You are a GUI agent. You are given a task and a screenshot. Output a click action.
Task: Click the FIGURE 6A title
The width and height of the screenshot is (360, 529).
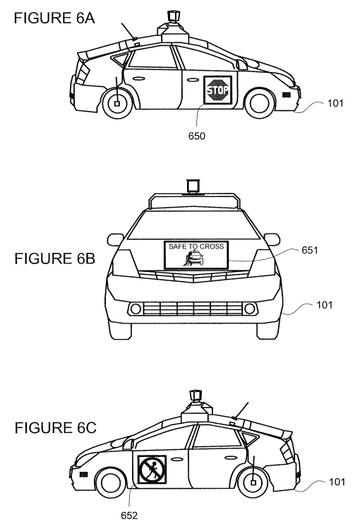(54, 18)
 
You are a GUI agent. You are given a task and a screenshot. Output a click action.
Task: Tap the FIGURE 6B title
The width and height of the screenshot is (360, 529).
(54, 258)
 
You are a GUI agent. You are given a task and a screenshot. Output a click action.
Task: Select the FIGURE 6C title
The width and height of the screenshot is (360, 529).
(55, 428)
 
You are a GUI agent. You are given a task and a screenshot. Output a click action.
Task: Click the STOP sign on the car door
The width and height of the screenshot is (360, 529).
(217, 90)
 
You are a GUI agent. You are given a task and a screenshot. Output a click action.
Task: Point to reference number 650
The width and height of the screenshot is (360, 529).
(196, 136)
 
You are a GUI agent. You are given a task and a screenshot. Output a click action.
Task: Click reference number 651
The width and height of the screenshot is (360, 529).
(310, 250)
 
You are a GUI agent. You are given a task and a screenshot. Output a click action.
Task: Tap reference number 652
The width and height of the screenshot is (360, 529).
(129, 516)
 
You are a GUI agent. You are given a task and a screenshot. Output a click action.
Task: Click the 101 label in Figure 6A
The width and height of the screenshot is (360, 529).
(335, 103)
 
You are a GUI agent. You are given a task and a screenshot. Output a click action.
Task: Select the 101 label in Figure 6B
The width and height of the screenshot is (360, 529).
(324, 304)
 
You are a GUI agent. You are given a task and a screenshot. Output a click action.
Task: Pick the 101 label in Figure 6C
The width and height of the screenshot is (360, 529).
(337, 482)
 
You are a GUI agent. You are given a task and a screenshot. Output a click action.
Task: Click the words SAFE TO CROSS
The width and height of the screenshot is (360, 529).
(196, 246)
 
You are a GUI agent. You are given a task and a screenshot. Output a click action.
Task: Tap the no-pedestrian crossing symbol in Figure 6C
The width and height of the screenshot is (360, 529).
(152, 469)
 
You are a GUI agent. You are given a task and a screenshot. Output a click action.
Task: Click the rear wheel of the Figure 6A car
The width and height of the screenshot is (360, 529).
(116, 102)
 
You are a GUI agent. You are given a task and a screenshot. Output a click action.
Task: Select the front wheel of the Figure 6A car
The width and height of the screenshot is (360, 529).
(259, 102)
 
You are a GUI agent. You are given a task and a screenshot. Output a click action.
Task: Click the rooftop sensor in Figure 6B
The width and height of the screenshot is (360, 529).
(193, 187)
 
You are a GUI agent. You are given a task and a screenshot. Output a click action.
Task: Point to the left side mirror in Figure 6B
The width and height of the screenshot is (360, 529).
(115, 239)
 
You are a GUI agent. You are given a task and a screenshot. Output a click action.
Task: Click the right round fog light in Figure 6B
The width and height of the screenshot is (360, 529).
(250, 309)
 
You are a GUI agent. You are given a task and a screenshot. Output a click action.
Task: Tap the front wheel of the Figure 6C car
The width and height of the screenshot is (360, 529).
(110, 482)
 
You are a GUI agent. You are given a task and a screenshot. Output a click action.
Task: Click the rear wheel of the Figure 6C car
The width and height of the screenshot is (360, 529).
(253, 482)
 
